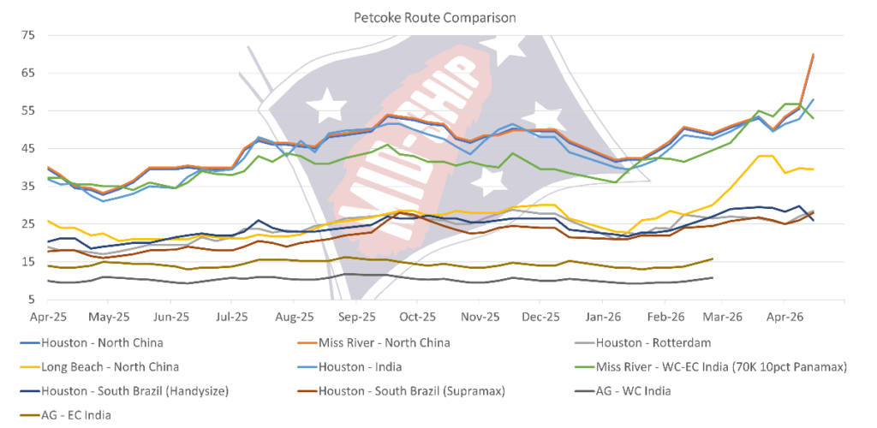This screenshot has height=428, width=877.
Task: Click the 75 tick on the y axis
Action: pos(28,35)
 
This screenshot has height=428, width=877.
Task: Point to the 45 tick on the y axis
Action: pos(28,148)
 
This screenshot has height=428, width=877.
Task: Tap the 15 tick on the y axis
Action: pos(28,262)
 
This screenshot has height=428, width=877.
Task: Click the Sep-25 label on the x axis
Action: pos(357,315)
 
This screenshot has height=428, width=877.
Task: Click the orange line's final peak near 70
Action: pos(813,55)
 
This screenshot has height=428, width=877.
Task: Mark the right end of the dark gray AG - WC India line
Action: pos(713,277)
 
